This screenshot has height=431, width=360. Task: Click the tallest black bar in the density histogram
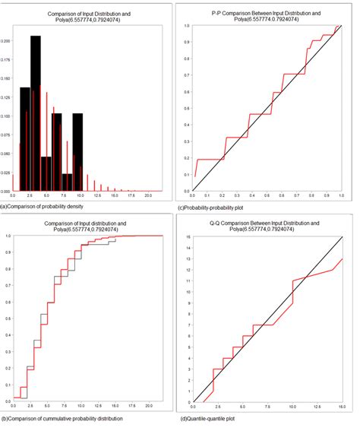coord(36,114)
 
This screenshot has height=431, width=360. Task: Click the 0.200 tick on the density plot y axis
coord(6,41)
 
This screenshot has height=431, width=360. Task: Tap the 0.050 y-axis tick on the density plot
coord(6,153)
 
